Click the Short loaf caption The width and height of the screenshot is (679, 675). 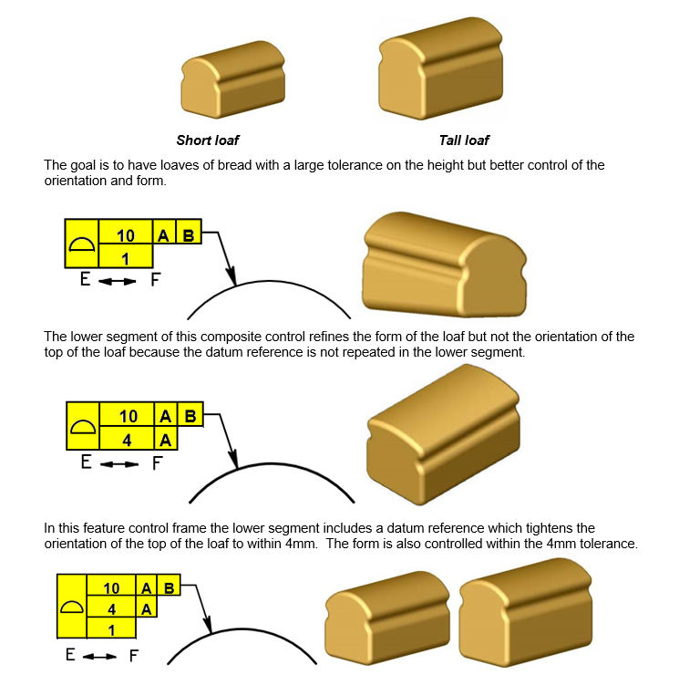click(x=208, y=140)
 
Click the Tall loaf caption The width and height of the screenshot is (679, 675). click(x=464, y=140)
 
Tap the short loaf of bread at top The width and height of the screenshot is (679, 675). click(x=233, y=78)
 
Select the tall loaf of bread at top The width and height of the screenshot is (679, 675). click(x=441, y=68)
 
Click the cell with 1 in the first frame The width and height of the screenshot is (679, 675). click(x=126, y=255)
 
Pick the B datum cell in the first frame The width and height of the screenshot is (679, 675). click(x=189, y=232)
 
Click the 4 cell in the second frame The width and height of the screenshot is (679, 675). click(x=127, y=438)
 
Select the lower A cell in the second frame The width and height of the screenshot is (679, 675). click(x=166, y=438)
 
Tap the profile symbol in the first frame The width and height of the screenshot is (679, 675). click(x=82, y=245)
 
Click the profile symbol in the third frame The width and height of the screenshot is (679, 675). click(x=72, y=606)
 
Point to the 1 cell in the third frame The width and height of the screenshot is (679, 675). click(x=111, y=628)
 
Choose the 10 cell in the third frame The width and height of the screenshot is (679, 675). click(x=111, y=586)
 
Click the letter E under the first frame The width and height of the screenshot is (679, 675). click(x=86, y=279)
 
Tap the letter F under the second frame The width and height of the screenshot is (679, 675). click(x=157, y=463)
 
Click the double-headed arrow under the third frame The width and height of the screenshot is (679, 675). click(x=99, y=657)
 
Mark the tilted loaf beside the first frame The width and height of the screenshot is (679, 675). click(x=445, y=265)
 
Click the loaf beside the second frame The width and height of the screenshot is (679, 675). click(x=443, y=434)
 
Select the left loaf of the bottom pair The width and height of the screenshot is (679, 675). click(x=387, y=618)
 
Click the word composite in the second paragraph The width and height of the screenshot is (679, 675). click(x=228, y=337)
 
